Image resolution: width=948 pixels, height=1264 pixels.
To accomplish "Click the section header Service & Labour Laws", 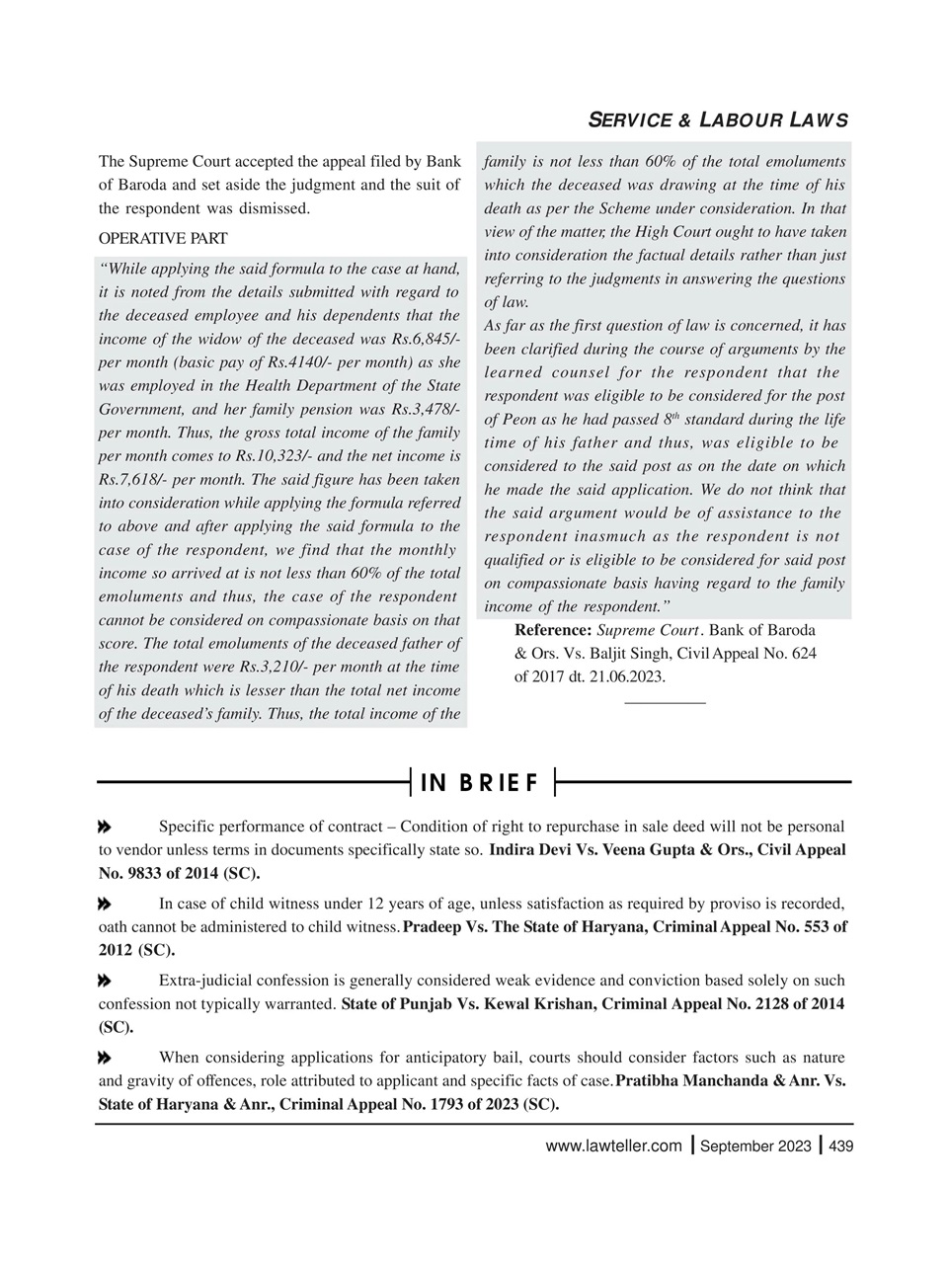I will click(718, 121).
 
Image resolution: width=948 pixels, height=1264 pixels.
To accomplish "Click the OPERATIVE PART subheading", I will click(163, 238).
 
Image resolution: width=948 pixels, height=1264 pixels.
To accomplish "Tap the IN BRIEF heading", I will click(481, 783).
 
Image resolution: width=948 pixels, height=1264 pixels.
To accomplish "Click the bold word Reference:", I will click(553, 630).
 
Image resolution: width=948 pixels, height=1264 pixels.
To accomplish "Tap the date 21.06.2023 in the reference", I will click(627, 676).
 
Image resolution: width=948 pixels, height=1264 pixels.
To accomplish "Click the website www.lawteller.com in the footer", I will click(613, 1145).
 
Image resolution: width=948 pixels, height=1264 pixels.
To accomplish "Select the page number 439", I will click(840, 1145).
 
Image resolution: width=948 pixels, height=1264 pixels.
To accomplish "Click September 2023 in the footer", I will click(755, 1145).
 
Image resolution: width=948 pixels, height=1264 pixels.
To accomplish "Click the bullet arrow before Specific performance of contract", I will click(104, 827).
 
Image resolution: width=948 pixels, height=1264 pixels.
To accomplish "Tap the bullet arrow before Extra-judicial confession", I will click(104, 981).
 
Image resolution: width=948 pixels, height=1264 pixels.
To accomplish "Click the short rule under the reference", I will click(665, 702).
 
